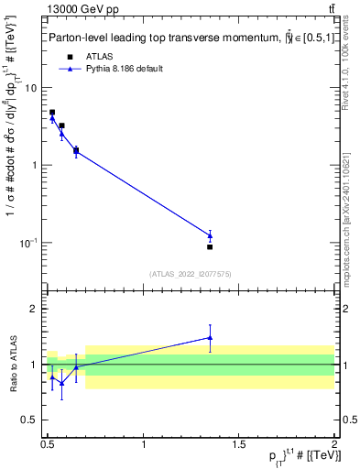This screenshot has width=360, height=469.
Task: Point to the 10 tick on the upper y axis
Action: click(x=31, y=88)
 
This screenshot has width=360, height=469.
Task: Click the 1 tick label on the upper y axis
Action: click(x=34, y=166)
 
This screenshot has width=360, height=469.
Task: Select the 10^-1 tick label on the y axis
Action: click(x=29, y=243)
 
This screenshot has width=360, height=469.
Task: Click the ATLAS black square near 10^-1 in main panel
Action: click(x=210, y=247)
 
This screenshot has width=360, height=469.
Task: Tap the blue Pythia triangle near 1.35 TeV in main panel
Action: click(x=210, y=235)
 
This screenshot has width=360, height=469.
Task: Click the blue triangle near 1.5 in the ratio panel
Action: click(x=210, y=337)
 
